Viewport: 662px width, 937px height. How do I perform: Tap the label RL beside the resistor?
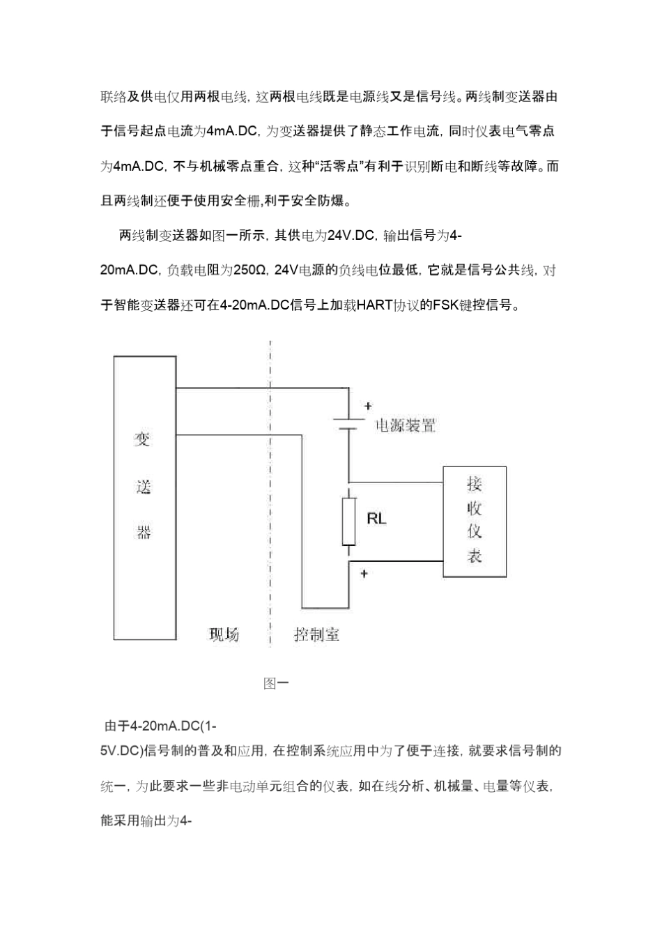[376, 519]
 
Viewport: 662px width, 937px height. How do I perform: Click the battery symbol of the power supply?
[348, 425]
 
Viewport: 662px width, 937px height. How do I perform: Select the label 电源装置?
[406, 425]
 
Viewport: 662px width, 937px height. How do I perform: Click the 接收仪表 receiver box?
[474, 520]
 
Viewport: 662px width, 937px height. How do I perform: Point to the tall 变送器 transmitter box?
[145, 498]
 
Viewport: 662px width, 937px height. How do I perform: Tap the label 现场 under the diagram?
[224, 634]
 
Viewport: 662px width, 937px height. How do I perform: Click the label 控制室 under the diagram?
[316, 634]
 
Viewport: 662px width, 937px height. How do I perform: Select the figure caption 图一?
[276, 683]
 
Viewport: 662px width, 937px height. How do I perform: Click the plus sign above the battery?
[368, 406]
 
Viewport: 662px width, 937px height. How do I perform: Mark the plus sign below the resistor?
[364, 574]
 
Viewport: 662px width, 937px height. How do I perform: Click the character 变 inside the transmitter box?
[143, 439]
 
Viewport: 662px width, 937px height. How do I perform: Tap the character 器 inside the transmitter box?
[144, 533]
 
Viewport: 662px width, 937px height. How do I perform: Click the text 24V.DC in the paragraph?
[351, 236]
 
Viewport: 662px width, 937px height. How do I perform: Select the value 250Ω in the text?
[250, 270]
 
